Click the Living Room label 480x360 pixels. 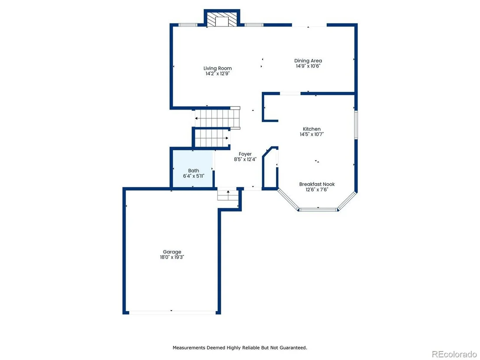(x=217, y=68)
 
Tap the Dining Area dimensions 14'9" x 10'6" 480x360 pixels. (x=308, y=66)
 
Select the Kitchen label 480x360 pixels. (x=311, y=129)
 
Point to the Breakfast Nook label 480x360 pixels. (x=317, y=184)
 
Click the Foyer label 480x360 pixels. (x=245, y=154)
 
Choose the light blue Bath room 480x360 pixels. (x=193, y=169)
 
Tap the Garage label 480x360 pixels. (x=172, y=252)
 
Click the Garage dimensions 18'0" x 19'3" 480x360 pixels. (x=172, y=257)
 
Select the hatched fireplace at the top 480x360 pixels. (x=222, y=19)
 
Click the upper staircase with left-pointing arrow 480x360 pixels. (x=217, y=118)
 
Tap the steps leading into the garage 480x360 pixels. (x=228, y=195)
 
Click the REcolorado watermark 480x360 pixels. (x=454, y=354)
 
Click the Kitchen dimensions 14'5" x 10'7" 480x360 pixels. (x=311, y=134)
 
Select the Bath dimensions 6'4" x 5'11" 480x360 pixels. (x=194, y=176)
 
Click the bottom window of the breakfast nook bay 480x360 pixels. (x=318, y=210)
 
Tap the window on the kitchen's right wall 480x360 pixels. (x=356, y=125)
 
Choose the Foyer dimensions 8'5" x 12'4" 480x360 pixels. (x=245, y=159)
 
